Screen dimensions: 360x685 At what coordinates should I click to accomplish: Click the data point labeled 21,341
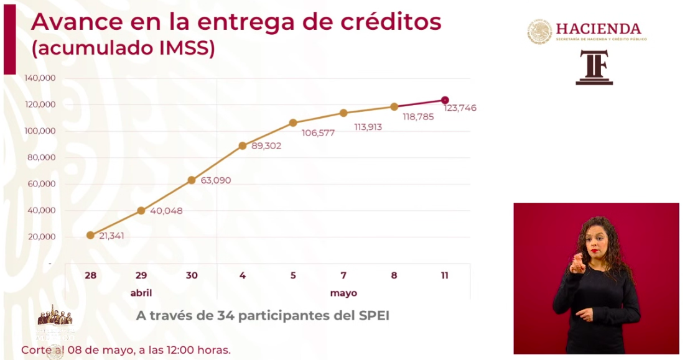(x=90, y=235)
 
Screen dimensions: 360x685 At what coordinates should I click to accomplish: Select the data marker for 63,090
(x=192, y=180)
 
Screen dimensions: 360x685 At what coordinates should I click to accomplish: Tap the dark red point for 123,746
(x=445, y=100)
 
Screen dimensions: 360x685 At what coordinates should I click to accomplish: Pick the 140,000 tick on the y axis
(x=40, y=78)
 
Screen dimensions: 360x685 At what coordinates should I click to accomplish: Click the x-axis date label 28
(x=90, y=275)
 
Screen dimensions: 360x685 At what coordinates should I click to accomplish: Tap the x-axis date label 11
(x=445, y=275)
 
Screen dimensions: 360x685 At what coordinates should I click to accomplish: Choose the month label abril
(x=141, y=293)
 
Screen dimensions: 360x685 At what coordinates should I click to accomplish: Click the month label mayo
(x=343, y=293)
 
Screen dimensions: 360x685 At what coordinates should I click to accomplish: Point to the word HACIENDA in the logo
(x=598, y=29)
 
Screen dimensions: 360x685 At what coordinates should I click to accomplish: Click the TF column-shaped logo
(x=594, y=68)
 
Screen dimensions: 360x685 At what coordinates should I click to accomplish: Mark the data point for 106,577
(x=293, y=122)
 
